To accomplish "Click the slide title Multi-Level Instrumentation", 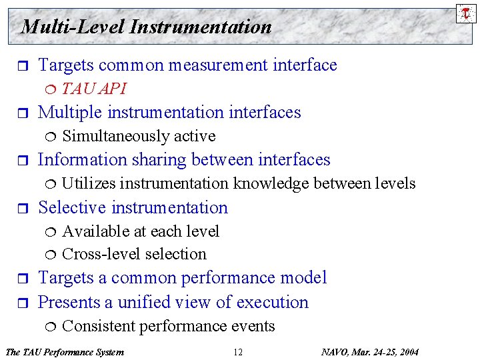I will point(146,27).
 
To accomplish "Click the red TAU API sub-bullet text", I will point(94,89).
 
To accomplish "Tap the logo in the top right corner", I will point(466,13).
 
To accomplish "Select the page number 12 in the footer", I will point(238,352).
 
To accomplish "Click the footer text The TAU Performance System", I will point(64,352).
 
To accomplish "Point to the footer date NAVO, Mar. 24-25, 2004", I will point(370,352).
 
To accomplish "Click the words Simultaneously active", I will point(139,136).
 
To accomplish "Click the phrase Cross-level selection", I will point(134,254).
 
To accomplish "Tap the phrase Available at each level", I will point(140,231).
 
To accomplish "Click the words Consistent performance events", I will point(168,326).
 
